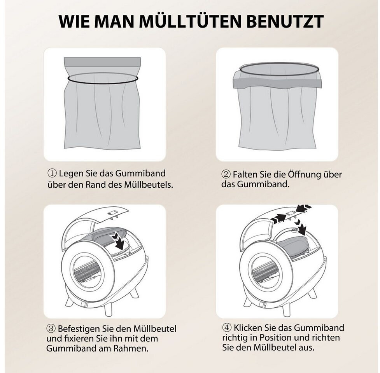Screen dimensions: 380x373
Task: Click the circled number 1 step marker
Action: pyautogui.click(x=52, y=173)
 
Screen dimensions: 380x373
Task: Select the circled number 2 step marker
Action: pyautogui.click(x=226, y=174)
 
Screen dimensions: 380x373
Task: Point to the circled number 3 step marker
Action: pyautogui.click(x=51, y=329)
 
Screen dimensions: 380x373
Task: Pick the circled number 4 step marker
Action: pyautogui.click(x=227, y=328)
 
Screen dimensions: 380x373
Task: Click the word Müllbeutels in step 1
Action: pyautogui.click(x=149, y=185)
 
